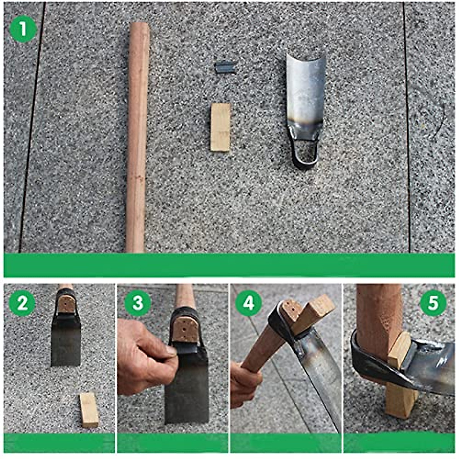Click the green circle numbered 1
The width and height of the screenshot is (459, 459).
coord(23,29)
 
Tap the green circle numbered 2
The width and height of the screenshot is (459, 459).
coord(22,303)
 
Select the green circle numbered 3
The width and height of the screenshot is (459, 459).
coord(138,303)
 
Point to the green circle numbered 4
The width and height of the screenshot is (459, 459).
coord(249,304)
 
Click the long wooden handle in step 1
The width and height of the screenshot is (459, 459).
coord(137,138)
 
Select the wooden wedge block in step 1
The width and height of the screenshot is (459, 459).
coord(221,127)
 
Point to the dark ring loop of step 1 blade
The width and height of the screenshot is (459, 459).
coord(305,155)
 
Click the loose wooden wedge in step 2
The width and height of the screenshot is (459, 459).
coord(90,410)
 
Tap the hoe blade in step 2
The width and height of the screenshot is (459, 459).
coord(66,340)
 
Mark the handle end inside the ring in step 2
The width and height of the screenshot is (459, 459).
coord(66,304)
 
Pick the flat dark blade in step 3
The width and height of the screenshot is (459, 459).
coord(187,386)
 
